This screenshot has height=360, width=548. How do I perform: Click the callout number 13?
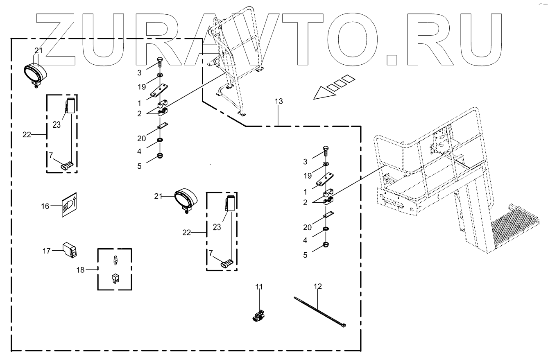279,101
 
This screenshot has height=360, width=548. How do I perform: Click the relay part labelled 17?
70,250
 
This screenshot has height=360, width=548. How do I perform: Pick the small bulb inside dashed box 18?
115,260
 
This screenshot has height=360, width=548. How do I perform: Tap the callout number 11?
258,287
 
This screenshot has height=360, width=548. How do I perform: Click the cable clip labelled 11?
258,316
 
